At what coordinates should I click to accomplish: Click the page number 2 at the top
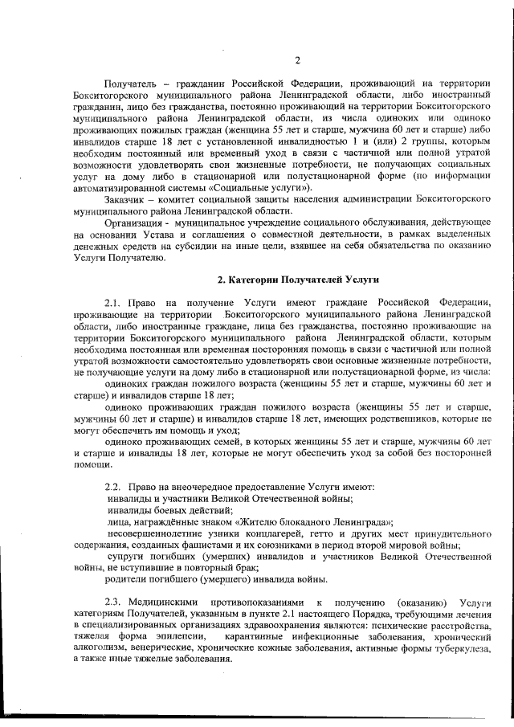click(296, 60)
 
